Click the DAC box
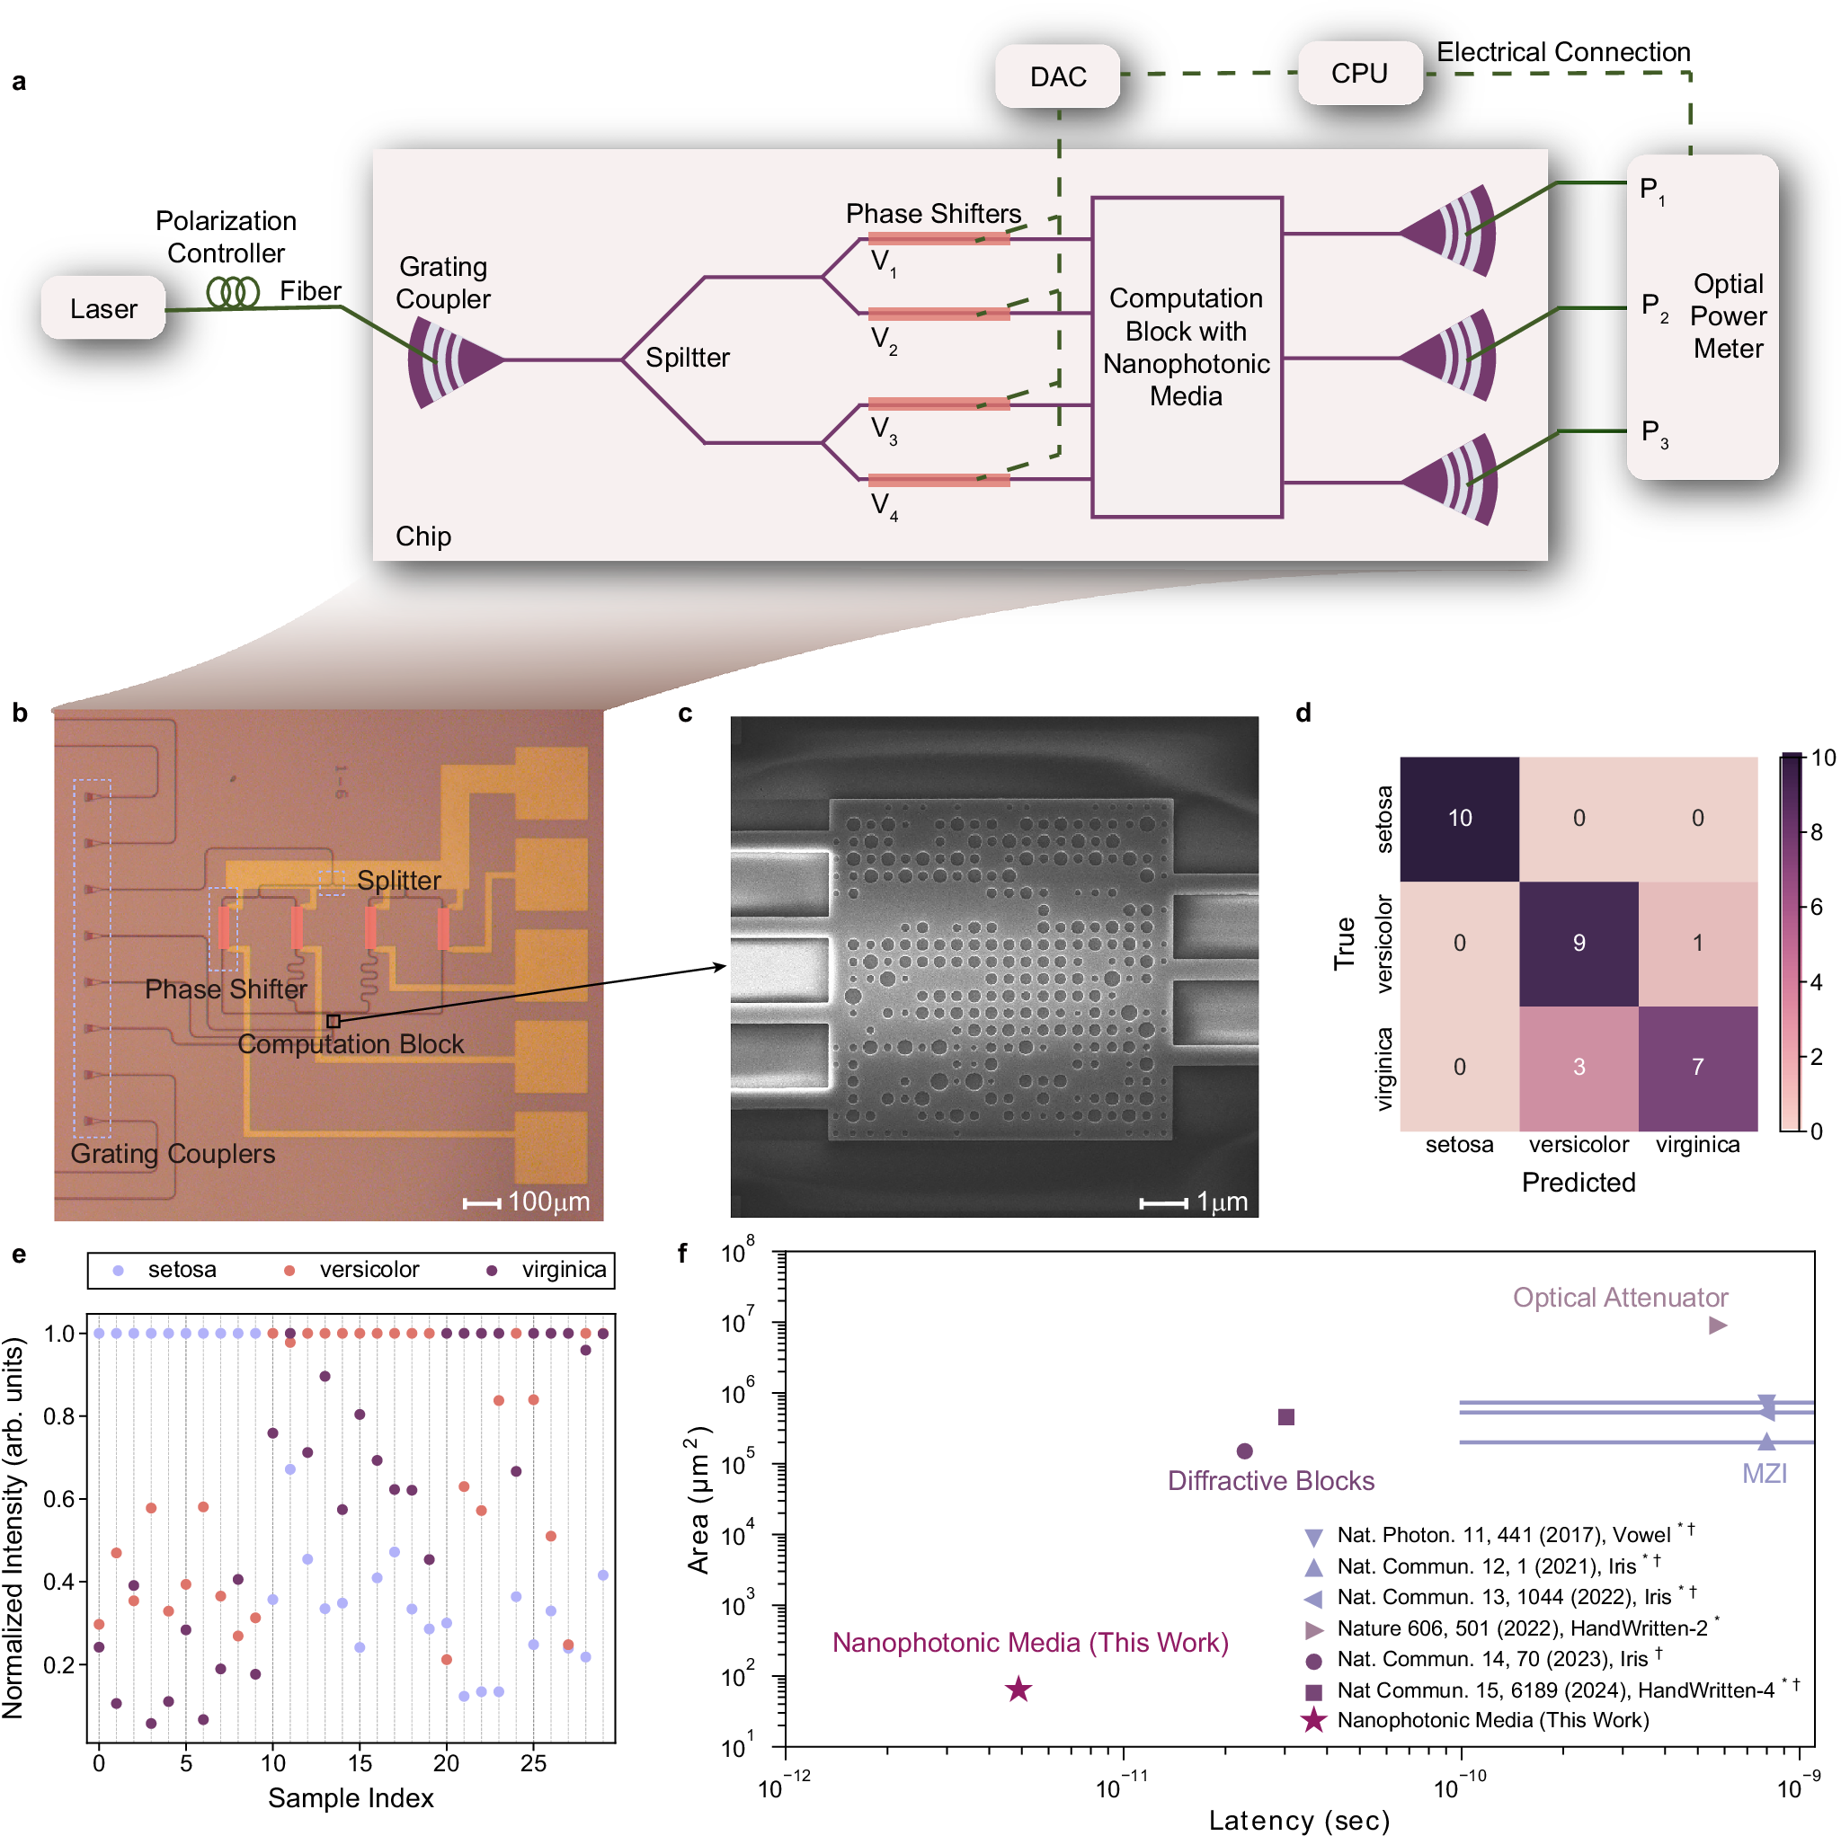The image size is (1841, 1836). click(x=1057, y=76)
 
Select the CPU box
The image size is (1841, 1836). click(x=1359, y=74)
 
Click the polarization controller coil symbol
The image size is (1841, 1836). click(x=233, y=291)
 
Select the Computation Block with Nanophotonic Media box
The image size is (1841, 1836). click(x=1186, y=357)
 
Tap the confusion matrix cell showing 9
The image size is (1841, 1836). click(x=1578, y=943)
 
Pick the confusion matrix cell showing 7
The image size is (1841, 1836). click(x=1696, y=1066)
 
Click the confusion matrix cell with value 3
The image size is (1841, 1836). click(x=1578, y=1066)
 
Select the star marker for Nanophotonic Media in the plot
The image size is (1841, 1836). click(x=1018, y=1690)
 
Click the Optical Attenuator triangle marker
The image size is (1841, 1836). click(x=1717, y=1326)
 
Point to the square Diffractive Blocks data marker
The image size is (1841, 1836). click(x=1285, y=1417)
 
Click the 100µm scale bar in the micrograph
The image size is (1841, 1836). click(x=482, y=1203)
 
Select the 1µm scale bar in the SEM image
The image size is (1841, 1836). click(x=1162, y=1203)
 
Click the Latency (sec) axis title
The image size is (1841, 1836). click(x=1298, y=1820)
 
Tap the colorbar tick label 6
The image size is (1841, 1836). click(x=1816, y=907)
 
